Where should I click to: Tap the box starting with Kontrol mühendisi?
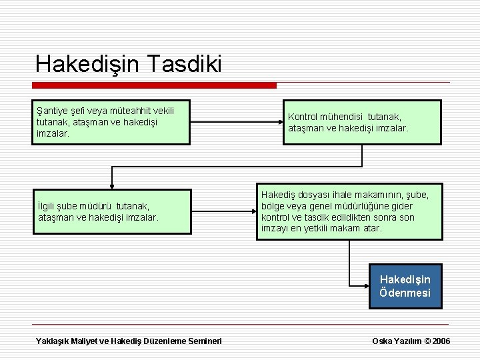[x=364, y=122]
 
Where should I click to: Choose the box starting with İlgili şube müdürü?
[x=112, y=212]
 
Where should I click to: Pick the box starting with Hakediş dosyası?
[x=350, y=211]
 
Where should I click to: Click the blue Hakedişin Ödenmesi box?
[x=405, y=286]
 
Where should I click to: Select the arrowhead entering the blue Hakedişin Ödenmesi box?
[x=365, y=286]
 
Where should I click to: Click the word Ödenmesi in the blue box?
[x=405, y=293]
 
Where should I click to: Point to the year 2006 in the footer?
[x=441, y=341]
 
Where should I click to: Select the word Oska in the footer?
[x=382, y=341]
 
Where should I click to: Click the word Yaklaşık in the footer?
[x=54, y=341]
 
